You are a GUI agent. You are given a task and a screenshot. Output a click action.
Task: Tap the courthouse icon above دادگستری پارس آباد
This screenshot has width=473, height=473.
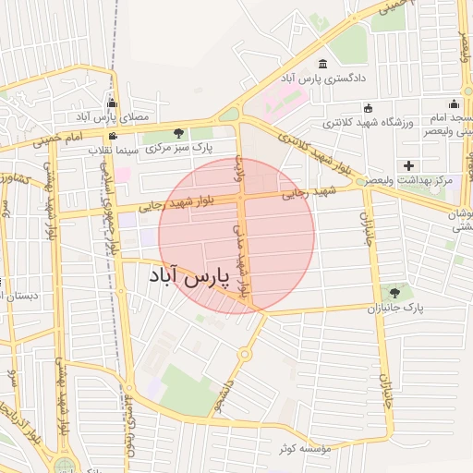point(321,65)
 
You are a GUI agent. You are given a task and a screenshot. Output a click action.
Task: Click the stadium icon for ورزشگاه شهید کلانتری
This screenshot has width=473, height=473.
point(369,107)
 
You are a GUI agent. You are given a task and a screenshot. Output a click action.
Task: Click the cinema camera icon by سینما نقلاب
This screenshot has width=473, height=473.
point(113,136)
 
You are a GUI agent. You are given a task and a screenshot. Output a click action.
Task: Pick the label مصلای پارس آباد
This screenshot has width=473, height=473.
point(111,117)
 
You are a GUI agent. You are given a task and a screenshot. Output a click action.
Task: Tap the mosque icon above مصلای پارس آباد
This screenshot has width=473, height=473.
point(112,103)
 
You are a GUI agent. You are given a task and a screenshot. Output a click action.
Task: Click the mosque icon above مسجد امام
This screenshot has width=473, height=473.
point(453,103)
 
